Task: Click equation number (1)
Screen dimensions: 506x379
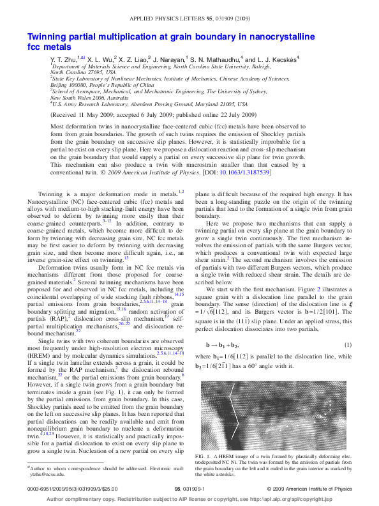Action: click(348, 345)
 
